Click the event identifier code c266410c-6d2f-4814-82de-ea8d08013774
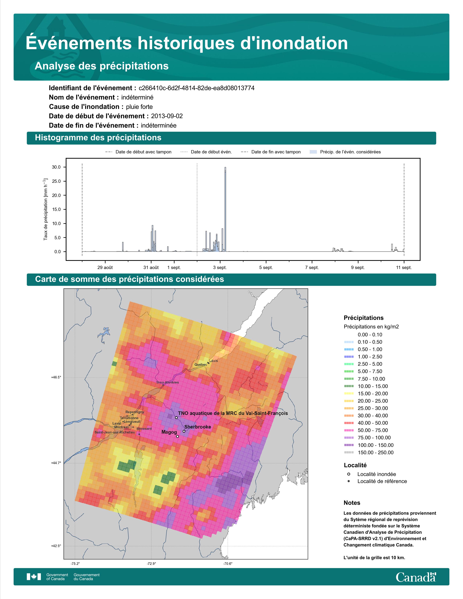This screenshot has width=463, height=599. coord(197,88)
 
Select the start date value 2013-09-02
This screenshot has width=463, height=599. coord(167,116)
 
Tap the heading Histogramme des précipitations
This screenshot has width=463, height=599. coord(98,138)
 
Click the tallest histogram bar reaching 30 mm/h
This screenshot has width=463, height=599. coord(225,209)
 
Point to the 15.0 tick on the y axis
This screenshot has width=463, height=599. coord(56,209)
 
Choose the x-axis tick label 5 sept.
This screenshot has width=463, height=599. coord(266,267)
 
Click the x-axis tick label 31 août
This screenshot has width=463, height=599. coord(151,267)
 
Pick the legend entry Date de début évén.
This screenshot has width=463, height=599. coord(211,152)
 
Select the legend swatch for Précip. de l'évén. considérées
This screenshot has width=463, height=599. coord(313,152)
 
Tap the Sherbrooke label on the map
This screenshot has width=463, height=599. coord(198,427)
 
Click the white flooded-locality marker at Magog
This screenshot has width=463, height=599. coord(177,436)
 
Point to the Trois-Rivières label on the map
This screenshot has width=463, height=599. coord(167,382)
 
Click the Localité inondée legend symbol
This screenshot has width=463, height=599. coord(349,474)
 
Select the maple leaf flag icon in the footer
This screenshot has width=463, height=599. coord(34,577)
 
